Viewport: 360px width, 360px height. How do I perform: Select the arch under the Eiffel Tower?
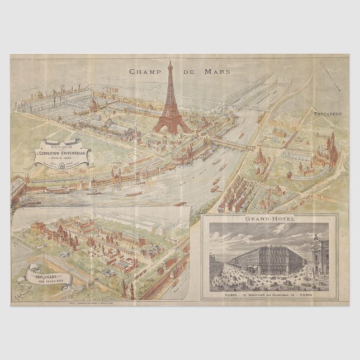pyautogui.click(x=171, y=127)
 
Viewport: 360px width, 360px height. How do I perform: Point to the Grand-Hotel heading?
pyautogui.click(x=269, y=220)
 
